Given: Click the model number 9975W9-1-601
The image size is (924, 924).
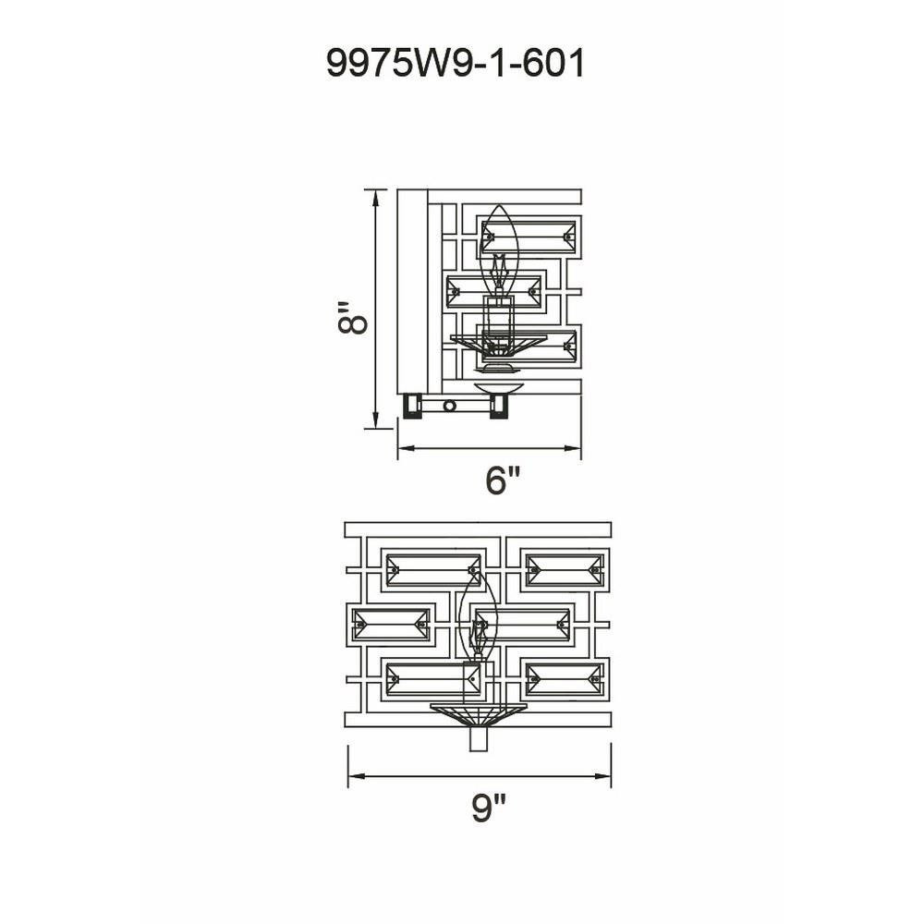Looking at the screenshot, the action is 455,63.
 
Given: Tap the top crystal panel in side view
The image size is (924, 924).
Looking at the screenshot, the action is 529,237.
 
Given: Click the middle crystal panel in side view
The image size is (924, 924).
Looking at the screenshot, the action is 493,291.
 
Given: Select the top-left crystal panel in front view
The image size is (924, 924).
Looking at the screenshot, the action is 432,570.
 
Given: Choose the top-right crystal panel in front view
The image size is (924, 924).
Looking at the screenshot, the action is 564,570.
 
